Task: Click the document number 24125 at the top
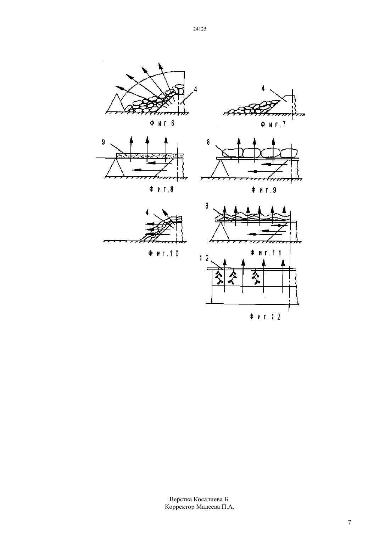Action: point(200,29)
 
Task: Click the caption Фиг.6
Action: point(162,123)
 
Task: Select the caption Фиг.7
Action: point(273,125)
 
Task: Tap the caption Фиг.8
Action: point(161,189)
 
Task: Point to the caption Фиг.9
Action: point(264,190)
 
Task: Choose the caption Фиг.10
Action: point(163,253)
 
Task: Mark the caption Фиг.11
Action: point(266,253)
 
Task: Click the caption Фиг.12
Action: point(265,317)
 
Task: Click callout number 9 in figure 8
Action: point(104,142)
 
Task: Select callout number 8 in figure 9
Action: point(208,142)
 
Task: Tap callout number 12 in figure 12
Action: point(204,258)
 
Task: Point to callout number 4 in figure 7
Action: point(263,88)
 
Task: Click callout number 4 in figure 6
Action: point(195,89)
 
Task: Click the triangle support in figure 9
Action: point(221,169)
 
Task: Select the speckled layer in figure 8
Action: point(150,156)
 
